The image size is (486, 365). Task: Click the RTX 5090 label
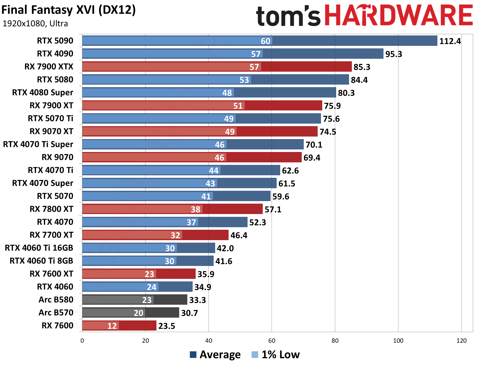pyautogui.click(x=55, y=41)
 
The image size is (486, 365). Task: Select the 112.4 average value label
pyautogui.click(x=450, y=41)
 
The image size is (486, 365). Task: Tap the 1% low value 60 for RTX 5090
pyautogui.click(x=266, y=41)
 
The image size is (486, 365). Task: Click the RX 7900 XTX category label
pyautogui.click(x=49, y=67)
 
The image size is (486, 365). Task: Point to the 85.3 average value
pyautogui.click(x=362, y=67)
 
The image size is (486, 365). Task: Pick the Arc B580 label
pyautogui.click(x=56, y=300)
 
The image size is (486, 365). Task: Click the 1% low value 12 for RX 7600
pyautogui.click(x=112, y=326)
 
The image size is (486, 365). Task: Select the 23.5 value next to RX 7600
pyautogui.click(x=167, y=326)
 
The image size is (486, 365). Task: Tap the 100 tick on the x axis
pyautogui.click(x=398, y=341)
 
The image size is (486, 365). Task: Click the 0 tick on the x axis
pyautogui.click(x=82, y=341)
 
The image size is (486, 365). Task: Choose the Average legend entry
pyautogui.click(x=215, y=355)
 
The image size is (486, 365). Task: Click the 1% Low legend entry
pyautogui.click(x=276, y=355)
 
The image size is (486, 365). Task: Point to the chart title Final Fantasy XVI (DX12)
pyautogui.click(x=69, y=10)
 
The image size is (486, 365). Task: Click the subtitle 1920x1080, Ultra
pyautogui.click(x=35, y=24)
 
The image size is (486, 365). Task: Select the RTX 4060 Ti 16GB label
pyautogui.click(x=39, y=248)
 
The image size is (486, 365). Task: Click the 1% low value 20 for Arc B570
pyautogui.click(x=138, y=313)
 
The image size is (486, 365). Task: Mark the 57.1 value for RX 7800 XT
pyautogui.click(x=273, y=209)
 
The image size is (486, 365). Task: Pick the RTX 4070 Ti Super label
pyautogui.click(x=38, y=144)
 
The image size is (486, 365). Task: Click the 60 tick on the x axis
pyautogui.click(x=272, y=341)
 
